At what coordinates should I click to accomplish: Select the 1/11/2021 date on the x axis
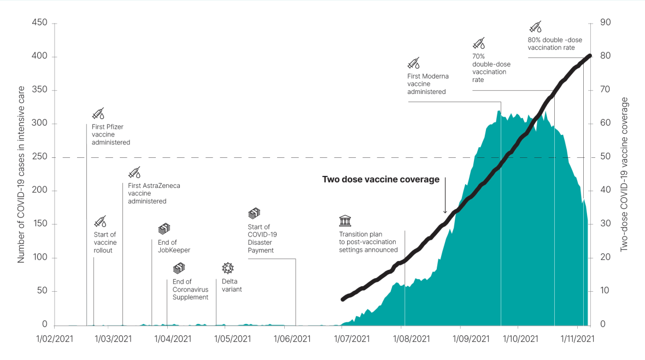pos(577,339)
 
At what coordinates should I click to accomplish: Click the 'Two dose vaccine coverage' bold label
pos(380,179)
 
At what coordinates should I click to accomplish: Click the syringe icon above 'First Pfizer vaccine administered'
pos(98,114)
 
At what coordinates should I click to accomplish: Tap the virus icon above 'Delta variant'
pos(227,268)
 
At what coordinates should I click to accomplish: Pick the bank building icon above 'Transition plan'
pos(345,221)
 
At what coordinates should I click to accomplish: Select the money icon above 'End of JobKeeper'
pos(164,229)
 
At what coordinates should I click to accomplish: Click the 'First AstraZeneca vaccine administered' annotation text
pos(154,193)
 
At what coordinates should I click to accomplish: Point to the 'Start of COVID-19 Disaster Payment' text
pos(261,239)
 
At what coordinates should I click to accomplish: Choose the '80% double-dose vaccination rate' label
pos(551,43)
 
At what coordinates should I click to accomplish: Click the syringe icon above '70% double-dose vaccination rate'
pos(478,43)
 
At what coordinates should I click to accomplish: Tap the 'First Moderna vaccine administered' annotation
pos(427,84)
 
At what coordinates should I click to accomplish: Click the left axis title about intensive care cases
pos(21,174)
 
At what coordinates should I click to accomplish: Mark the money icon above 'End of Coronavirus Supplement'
pos(179,268)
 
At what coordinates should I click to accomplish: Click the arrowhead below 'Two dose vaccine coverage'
pos(445,211)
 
